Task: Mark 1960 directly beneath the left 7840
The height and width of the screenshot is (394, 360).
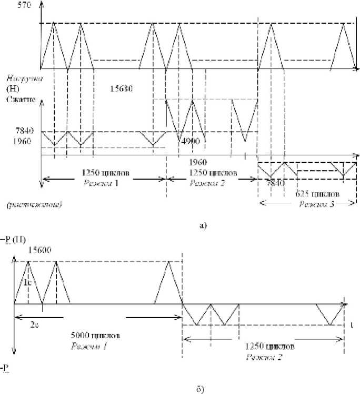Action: (11, 141)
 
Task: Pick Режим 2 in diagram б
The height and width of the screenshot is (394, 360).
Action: (263, 357)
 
